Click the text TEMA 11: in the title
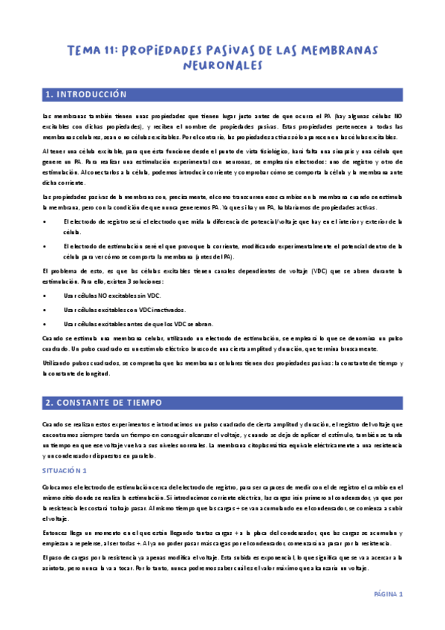pos(91,51)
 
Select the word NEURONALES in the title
pos(223,66)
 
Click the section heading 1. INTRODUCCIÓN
pos(86,95)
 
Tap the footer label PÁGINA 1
pos(387,594)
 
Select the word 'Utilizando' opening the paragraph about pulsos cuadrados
pos(57,363)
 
